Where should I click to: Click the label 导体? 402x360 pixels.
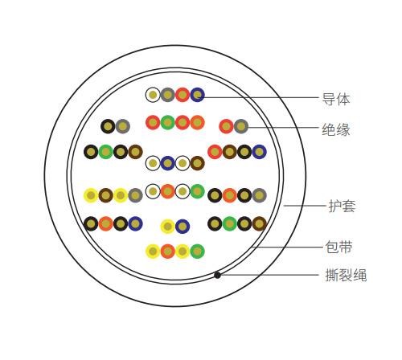pyautogui.click(x=336, y=99)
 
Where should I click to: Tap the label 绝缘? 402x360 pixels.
pyautogui.click(x=336, y=129)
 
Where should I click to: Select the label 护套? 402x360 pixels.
pyautogui.click(x=343, y=206)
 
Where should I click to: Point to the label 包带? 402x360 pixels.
pyautogui.click(x=338, y=247)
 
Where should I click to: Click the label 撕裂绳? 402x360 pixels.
pyautogui.click(x=346, y=275)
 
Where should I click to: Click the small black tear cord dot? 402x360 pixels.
pyautogui.click(x=217, y=275)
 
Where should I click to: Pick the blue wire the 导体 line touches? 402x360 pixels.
pyautogui.click(x=198, y=95)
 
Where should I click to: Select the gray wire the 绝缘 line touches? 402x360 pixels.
pyautogui.click(x=241, y=126)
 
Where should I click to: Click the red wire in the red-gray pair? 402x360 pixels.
pyautogui.click(x=226, y=126)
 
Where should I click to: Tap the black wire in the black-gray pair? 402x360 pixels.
pyautogui.click(x=108, y=126)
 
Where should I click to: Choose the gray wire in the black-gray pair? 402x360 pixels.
pyautogui.click(x=123, y=126)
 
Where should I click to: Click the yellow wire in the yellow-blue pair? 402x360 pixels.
pyautogui.click(x=168, y=227)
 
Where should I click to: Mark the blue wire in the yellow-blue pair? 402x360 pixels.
pyautogui.click(x=183, y=227)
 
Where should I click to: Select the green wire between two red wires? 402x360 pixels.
pyautogui.click(x=168, y=122)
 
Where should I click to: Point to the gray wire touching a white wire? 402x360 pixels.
pyautogui.click(x=168, y=95)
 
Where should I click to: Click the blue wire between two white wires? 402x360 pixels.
pyautogui.click(x=168, y=163)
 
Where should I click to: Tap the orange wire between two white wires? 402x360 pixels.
pyautogui.click(x=168, y=191)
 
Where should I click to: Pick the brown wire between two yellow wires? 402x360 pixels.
pyautogui.click(x=106, y=195)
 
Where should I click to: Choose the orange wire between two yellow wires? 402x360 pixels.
pyautogui.click(x=168, y=252)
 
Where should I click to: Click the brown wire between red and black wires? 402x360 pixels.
pyautogui.click(x=230, y=152)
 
